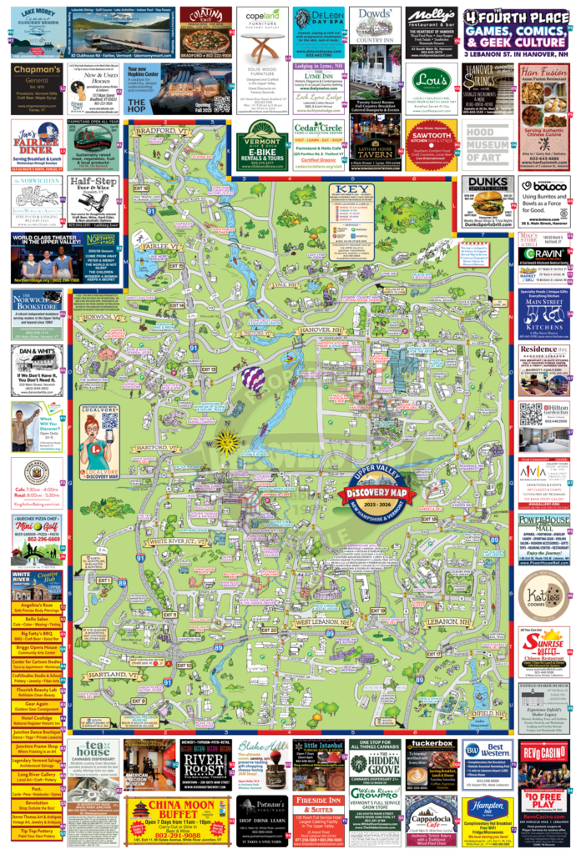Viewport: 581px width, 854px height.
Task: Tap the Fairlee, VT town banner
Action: pos(154,247)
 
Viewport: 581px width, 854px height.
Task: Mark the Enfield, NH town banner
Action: pos(487,713)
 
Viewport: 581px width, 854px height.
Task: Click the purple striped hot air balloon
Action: pos(253,380)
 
